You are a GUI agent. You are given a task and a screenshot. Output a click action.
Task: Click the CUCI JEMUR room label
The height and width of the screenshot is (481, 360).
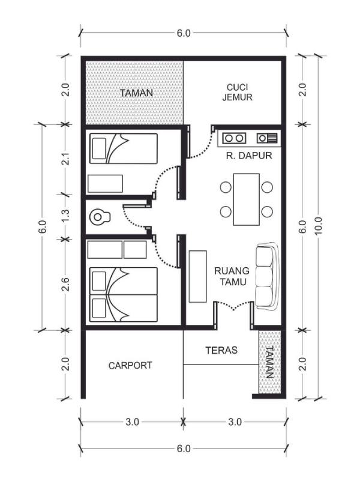click(x=236, y=92)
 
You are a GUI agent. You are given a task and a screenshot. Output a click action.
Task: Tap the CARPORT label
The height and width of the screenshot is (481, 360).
click(x=130, y=365)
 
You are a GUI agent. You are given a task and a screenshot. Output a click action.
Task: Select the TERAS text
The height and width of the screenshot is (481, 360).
click(x=221, y=349)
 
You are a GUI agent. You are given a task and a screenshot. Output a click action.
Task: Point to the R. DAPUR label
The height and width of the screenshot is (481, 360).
click(x=249, y=156)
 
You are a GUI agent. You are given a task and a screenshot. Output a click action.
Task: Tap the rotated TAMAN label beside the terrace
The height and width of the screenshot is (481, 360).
click(x=269, y=362)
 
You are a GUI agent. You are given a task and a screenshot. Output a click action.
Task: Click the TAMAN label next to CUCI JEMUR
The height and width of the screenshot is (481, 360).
click(x=136, y=93)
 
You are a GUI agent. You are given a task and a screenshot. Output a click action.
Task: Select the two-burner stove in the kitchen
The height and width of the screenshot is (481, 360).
click(x=234, y=138)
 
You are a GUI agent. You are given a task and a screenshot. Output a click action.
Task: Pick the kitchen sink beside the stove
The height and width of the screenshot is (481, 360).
click(x=267, y=138)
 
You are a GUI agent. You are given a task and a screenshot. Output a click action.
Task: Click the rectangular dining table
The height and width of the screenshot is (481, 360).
click(x=246, y=199)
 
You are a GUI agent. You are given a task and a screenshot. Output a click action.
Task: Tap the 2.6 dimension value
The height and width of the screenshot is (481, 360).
click(x=67, y=283)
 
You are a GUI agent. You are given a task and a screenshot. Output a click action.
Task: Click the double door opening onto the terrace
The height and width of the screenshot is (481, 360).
click(x=233, y=307)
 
